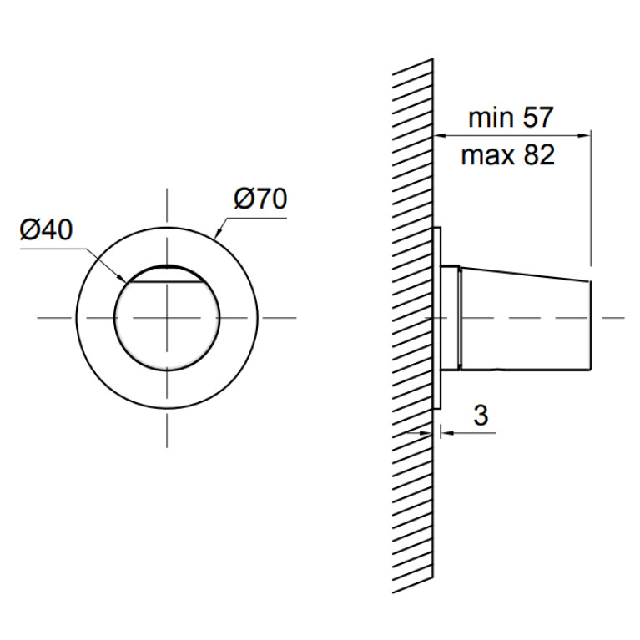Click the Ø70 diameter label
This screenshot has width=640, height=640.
(x=260, y=199)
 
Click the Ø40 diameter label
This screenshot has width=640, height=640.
(x=46, y=229)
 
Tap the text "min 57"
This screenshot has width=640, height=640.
(x=511, y=117)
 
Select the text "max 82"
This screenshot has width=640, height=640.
(x=508, y=155)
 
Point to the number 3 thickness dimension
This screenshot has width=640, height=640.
(x=481, y=415)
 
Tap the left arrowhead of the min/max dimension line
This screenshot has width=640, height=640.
(x=439, y=135)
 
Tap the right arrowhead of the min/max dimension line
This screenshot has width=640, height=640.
(x=584, y=135)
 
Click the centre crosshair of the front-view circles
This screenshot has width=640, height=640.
(x=167, y=318)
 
